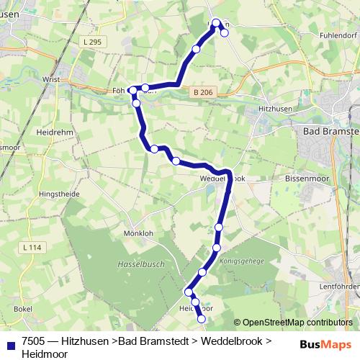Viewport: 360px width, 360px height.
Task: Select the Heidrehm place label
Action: pos(51,133)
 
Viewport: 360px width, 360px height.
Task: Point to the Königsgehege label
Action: pos(241,261)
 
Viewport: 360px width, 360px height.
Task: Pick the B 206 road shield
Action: pos(202,92)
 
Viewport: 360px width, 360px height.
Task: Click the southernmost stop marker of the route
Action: pos(202,319)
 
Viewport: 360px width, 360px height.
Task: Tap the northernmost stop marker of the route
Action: pos(216,22)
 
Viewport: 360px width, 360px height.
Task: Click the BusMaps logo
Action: pos(325,344)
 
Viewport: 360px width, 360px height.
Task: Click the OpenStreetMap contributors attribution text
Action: pos(293,323)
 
